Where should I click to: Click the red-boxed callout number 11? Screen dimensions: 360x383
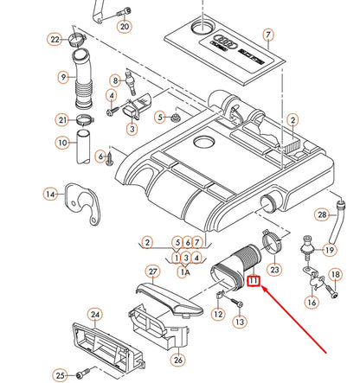point(254,280)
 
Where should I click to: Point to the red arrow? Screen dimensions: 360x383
point(293,319)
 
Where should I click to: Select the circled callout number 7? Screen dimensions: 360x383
point(268,35)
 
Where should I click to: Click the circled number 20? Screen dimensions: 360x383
point(125,26)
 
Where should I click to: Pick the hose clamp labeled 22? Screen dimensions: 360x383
point(77,39)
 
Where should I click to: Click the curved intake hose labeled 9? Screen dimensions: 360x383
point(82,79)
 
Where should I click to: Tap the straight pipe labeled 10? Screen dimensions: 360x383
point(83,147)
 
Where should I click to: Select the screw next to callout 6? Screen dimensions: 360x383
point(110,160)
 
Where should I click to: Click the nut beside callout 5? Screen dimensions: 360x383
point(175,118)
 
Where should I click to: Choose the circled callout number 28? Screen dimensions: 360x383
point(322,214)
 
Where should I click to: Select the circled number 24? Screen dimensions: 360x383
point(95,315)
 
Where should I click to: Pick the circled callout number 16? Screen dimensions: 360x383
point(312,302)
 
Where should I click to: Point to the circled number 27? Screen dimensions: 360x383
point(153,271)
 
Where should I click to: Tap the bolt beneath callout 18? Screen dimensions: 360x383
point(331,290)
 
